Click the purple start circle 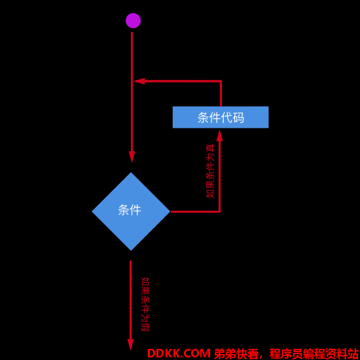pyautogui.click(x=133, y=21)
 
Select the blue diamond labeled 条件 pyautogui.click(x=131, y=211)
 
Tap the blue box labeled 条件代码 pyautogui.click(x=221, y=117)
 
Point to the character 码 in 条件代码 pyautogui.click(x=238, y=118)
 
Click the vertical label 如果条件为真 pyautogui.click(x=210, y=171)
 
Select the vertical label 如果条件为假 pyautogui.click(x=145, y=304)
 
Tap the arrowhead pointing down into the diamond pyautogui.click(x=132, y=157)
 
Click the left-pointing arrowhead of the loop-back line pyautogui.click(x=139, y=81)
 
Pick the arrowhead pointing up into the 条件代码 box pyautogui.click(x=220, y=135)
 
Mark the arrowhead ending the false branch pyautogui.click(x=130, y=345)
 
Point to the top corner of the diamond pyautogui.click(x=131, y=172)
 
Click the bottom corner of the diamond pyautogui.click(x=131, y=251)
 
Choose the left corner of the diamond pyautogui.click(x=92, y=211)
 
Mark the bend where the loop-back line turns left pyautogui.click(x=221, y=81)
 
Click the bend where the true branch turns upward pyautogui.click(x=220, y=211)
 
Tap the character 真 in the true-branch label pyautogui.click(x=210, y=148)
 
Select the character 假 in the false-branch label pyautogui.click(x=145, y=327)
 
